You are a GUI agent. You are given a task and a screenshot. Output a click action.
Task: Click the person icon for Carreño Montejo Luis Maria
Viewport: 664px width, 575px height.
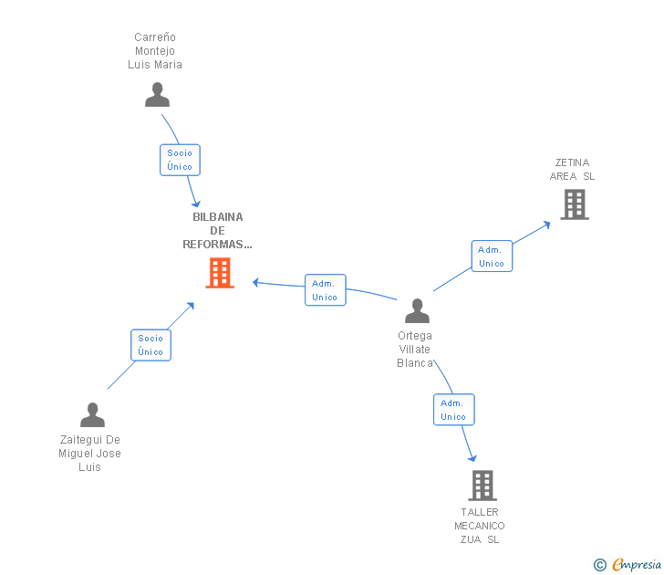pyautogui.click(x=157, y=95)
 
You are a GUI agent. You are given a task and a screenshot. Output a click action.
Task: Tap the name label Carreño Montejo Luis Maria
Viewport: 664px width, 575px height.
pyautogui.click(x=155, y=51)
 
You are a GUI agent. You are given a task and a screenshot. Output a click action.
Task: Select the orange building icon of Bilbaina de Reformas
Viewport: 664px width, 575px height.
pyautogui.click(x=220, y=273)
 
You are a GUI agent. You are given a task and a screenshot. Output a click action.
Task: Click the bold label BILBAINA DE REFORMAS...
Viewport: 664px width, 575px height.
pyautogui.click(x=217, y=231)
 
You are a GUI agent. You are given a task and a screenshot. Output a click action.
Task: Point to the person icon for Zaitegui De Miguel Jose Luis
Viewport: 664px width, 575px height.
pyautogui.click(x=92, y=415)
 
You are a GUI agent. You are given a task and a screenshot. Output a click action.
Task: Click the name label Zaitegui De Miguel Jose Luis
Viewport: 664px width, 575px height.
pyautogui.click(x=89, y=454)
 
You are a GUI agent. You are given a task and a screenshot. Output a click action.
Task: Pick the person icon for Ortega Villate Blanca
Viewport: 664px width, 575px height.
pyautogui.click(x=417, y=311)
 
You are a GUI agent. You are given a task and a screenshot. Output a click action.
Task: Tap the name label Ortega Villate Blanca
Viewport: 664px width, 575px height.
pyautogui.click(x=415, y=350)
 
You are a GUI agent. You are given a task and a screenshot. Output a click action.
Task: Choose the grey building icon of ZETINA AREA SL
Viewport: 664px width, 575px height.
pyautogui.click(x=575, y=204)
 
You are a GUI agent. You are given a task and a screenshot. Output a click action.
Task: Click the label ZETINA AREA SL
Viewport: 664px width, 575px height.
pyautogui.click(x=572, y=170)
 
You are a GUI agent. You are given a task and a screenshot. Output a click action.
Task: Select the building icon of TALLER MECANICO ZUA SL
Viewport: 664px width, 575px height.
pyautogui.click(x=482, y=486)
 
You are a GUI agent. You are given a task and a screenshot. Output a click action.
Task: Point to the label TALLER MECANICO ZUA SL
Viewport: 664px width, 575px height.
pyautogui.click(x=480, y=526)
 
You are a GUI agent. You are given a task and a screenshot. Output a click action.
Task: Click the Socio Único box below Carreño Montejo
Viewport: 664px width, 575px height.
pyautogui.click(x=180, y=160)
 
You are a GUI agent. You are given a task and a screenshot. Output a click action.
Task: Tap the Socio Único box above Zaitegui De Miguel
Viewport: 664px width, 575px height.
pyautogui.click(x=150, y=345)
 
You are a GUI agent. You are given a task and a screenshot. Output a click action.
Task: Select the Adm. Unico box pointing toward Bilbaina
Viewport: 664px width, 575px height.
pyautogui.click(x=325, y=290)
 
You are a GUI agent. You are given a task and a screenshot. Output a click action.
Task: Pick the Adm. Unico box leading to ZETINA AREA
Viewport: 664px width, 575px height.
pyautogui.click(x=492, y=256)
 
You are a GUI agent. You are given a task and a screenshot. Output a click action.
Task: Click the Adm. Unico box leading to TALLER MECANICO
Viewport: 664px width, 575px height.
pyautogui.click(x=453, y=410)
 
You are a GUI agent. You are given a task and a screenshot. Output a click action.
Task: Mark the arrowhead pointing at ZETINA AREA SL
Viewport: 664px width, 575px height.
pyautogui.click(x=545, y=222)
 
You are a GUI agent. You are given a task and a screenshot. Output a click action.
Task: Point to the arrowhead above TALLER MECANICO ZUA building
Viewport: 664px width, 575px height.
pyautogui.click(x=472, y=457)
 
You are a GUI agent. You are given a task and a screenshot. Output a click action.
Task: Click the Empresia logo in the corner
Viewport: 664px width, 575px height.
pyautogui.click(x=628, y=565)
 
